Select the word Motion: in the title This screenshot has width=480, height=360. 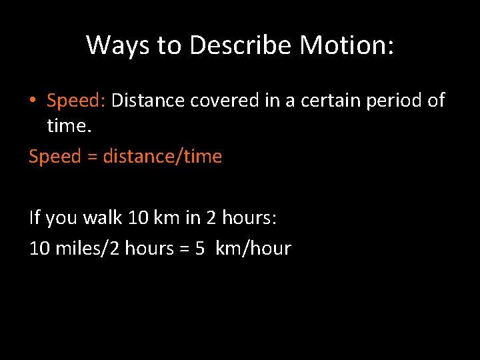point(347,45)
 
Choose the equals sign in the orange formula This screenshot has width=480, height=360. point(93,157)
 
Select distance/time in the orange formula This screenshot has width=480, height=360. point(162,157)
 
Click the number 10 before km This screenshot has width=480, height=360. point(137,217)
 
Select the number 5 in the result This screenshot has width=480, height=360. point(200,248)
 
